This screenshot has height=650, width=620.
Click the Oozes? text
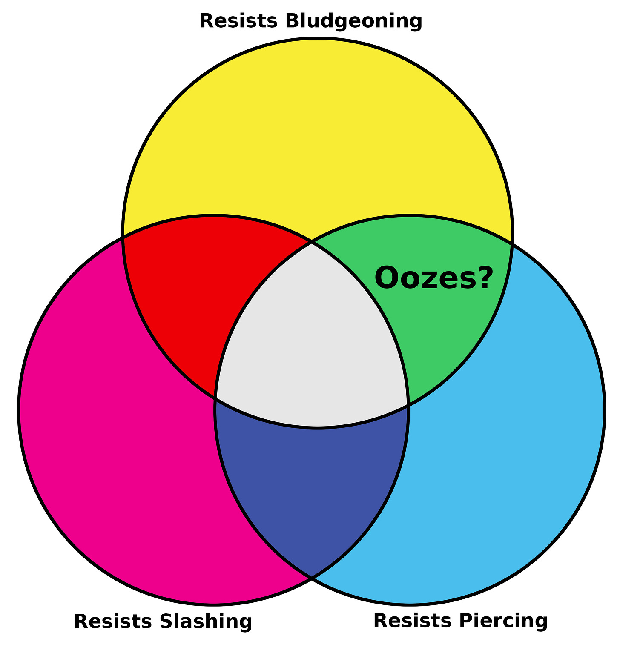[433, 278]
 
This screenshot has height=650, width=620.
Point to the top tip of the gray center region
[312, 243]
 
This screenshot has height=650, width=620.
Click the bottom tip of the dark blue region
[312, 578]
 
